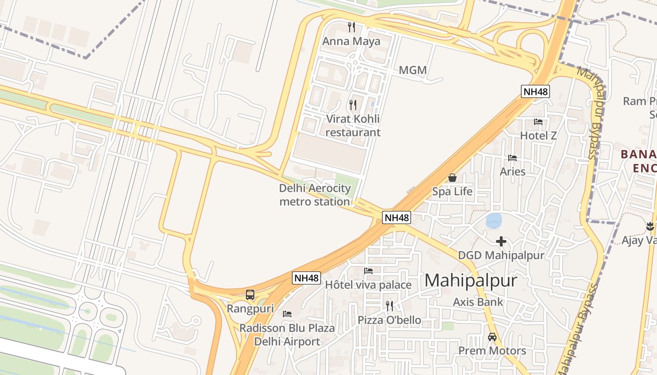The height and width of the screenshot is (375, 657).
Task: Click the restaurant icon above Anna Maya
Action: pyautogui.click(x=351, y=27)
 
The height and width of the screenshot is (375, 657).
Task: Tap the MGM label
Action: pyautogui.click(x=413, y=70)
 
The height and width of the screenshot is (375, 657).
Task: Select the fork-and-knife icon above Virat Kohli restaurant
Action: pyautogui.click(x=353, y=105)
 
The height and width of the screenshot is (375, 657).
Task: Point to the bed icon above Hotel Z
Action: pyautogui.click(x=538, y=122)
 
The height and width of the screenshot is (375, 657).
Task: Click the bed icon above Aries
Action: pyautogui.click(x=512, y=158)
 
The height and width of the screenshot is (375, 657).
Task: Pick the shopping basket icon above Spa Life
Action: pyautogui.click(x=452, y=178)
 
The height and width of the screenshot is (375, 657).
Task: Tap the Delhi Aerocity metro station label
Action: pyautogui.click(x=315, y=195)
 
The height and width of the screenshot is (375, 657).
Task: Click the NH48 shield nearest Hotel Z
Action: pyautogui.click(x=535, y=91)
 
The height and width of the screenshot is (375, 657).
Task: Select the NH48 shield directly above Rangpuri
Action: pyautogui.click(x=307, y=277)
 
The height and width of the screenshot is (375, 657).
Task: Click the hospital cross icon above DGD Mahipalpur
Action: pyautogui.click(x=501, y=241)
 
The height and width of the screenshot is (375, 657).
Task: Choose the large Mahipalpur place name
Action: pyautogui.click(x=471, y=280)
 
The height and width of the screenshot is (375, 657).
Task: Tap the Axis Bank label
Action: pyautogui.click(x=478, y=302)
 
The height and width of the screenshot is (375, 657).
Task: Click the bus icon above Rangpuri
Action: pyautogui.click(x=250, y=295)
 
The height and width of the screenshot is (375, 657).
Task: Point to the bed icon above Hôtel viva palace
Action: pyautogui.click(x=368, y=271)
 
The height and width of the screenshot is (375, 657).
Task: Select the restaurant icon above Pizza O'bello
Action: pyautogui.click(x=390, y=306)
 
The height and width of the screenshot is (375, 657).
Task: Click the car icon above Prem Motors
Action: pyautogui.click(x=492, y=337)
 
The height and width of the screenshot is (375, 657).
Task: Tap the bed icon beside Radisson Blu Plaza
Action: pyautogui.click(x=287, y=314)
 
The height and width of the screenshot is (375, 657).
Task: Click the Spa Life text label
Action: pyautogui.click(x=452, y=191)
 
